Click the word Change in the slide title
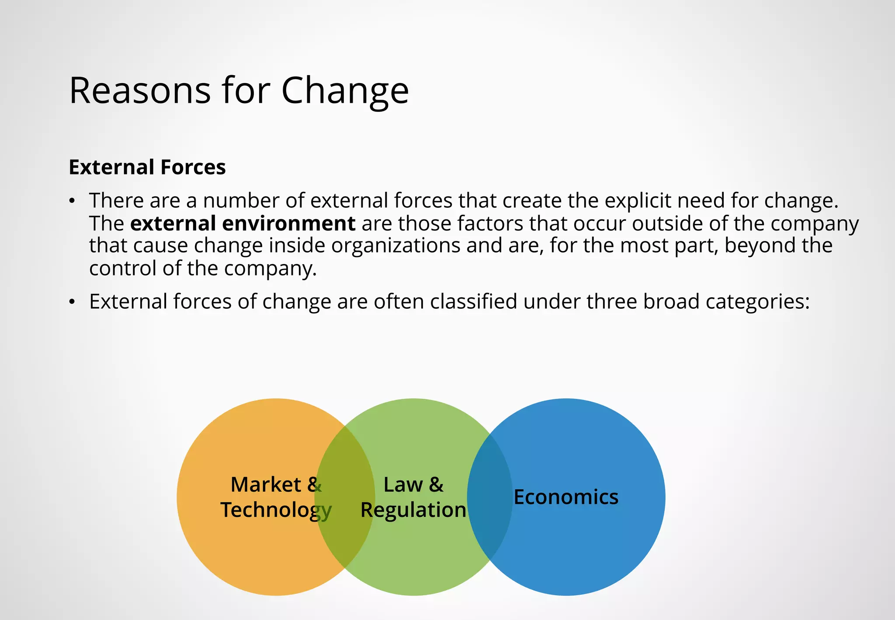[x=345, y=91]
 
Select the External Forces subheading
[x=147, y=167]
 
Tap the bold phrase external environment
[x=243, y=223]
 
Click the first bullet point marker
[x=73, y=202]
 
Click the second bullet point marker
[x=73, y=302]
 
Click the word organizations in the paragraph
[x=395, y=245]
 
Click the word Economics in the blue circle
[x=566, y=497]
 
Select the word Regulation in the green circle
[x=413, y=510]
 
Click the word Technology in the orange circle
[x=276, y=510]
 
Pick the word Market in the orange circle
[x=265, y=484]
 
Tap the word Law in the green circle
[x=403, y=484]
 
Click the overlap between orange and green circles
[x=345, y=533]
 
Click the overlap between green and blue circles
[x=490, y=533]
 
